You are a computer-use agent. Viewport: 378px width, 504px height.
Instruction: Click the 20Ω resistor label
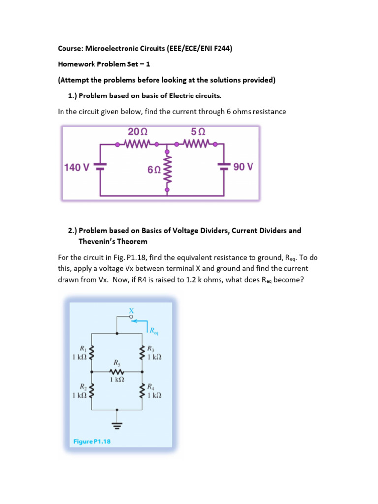(137, 133)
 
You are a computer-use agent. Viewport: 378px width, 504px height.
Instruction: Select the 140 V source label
(77, 167)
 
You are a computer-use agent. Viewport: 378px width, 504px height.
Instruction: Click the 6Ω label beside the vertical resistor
(154, 170)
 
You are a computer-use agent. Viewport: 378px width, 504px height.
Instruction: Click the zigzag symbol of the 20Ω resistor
(137, 145)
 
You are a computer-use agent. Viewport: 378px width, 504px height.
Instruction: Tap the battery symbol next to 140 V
(100, 167)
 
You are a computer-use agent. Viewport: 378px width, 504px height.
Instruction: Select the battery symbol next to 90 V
(225, 167)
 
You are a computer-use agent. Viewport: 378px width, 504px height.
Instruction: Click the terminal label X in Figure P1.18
(131, 311)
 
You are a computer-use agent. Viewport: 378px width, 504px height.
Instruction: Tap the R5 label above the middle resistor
(117, 363)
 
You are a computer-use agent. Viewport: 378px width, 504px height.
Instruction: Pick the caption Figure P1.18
(92, 441)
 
